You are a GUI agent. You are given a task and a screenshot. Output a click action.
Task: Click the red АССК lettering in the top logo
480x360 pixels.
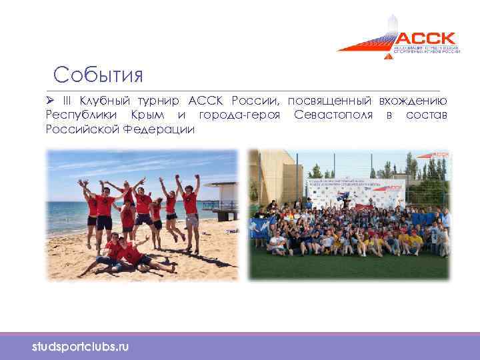426,39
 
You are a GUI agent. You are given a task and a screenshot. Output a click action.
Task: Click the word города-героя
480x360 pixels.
232,115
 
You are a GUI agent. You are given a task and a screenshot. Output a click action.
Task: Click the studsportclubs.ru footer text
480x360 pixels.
81,347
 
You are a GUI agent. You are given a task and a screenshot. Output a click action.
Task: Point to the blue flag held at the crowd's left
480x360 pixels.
261,227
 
